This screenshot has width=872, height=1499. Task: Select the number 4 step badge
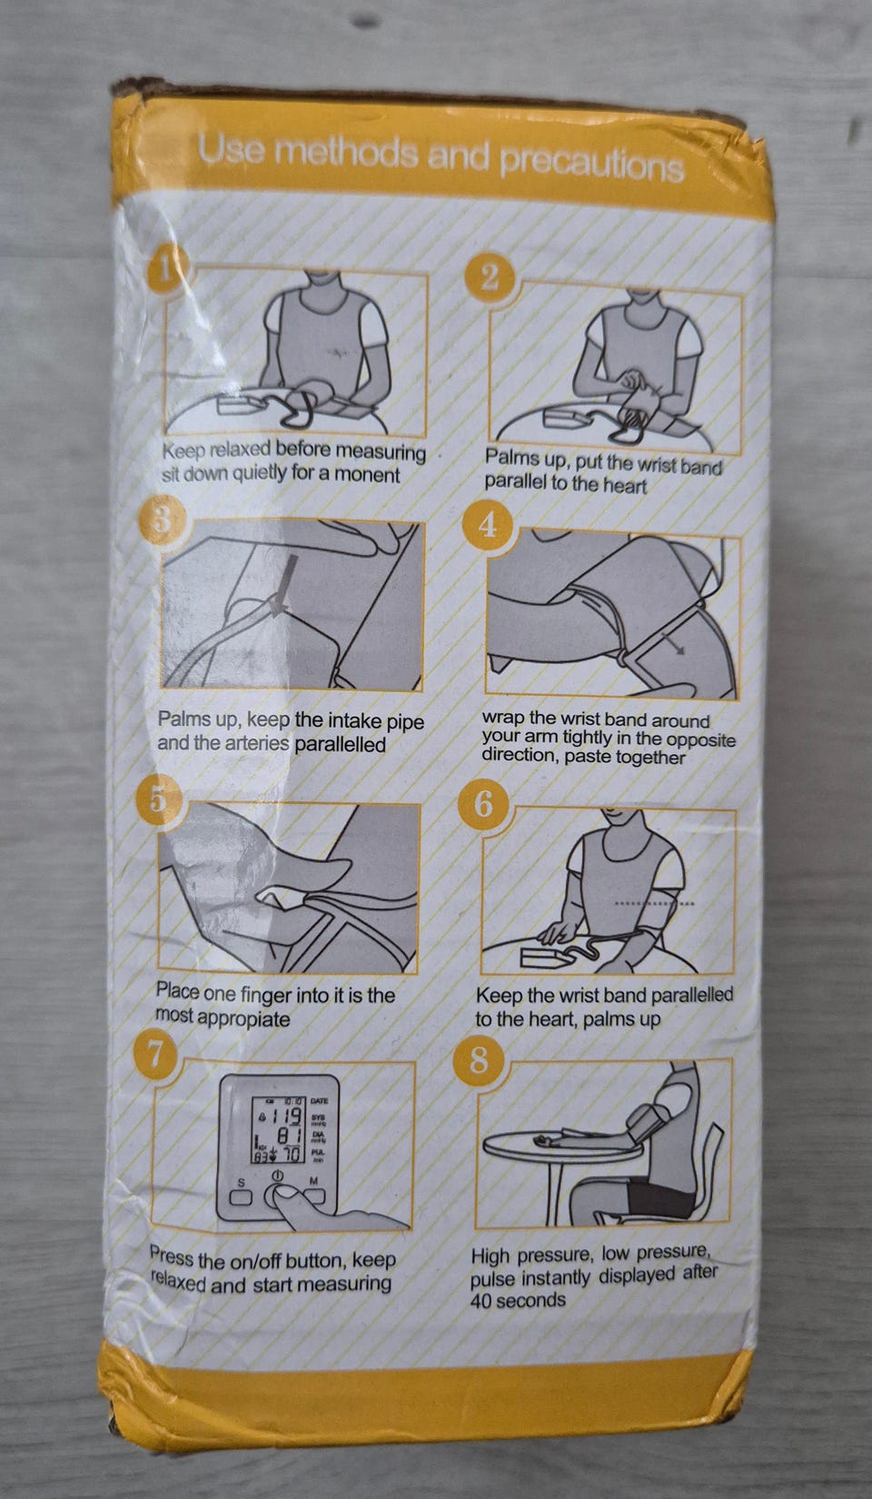click(x=488, y=526)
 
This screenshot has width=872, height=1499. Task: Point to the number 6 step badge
click(x=483, y=804)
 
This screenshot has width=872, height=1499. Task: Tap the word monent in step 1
click(x=367, y=474)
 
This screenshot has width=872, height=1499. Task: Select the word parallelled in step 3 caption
click(x=340, y=744)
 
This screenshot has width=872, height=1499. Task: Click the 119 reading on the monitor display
click(x=286, y=1117)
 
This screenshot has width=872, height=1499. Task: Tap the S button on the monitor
click(x=243, y=1196)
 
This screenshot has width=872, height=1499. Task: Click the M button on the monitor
click(x=313, y=1195)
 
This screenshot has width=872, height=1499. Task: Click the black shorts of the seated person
click(x=660, y=1196)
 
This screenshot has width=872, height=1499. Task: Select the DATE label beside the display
click(x=319, y=1101)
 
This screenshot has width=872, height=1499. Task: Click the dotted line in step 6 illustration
click(x=654, y=904)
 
